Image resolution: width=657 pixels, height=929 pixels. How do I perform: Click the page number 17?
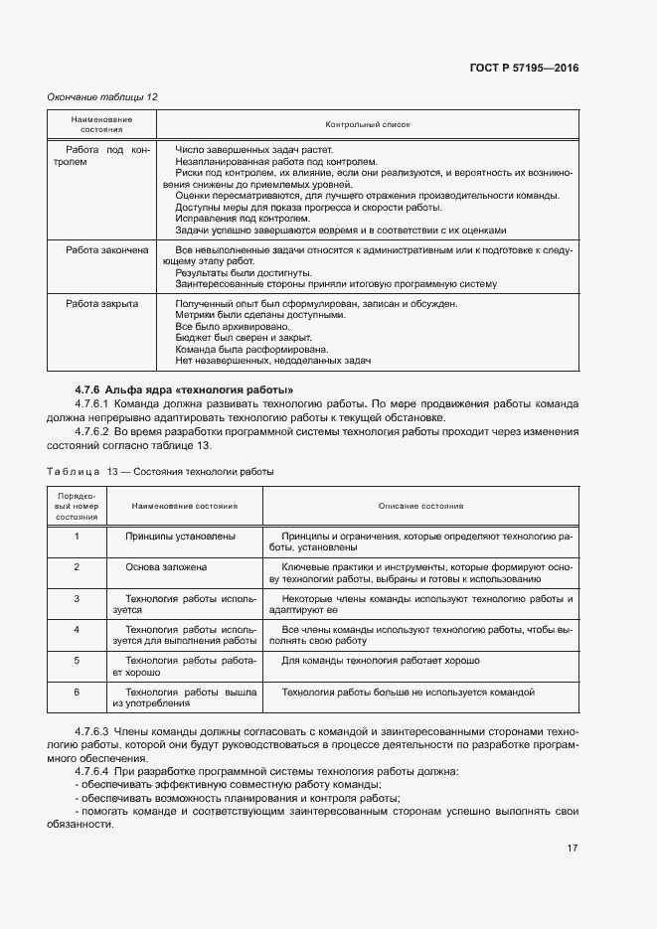pyautogui.click(x=573, y=848)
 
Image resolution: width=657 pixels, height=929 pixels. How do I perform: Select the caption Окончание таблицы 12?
pyautogui.click(x=103, y=96)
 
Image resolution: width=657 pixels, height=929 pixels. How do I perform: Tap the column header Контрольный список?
pyautogui.click(x=368, y=124)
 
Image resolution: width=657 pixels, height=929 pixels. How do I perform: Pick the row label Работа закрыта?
pyautogui.click(x=102, y=303)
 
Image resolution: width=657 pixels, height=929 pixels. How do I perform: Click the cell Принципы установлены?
pyautogui.click(x=180, y=537)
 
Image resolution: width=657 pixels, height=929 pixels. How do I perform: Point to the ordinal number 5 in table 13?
pyautogui.click(x=77, y=660)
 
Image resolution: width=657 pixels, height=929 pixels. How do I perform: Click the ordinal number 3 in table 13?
pyautogui.click(x=77, y=599)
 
